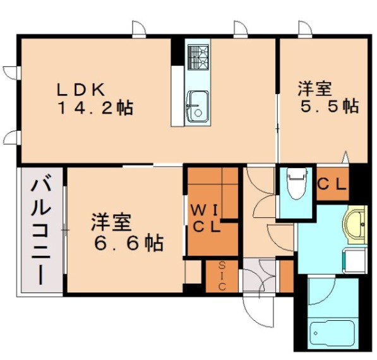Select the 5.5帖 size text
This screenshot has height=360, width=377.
(328, 106)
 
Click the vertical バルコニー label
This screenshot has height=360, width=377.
(41, 231)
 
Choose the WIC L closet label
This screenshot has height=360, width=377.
(206, 218)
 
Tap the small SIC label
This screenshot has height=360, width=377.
(221, 276)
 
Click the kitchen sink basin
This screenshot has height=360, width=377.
(197, 104)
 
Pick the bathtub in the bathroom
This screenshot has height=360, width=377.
(332, 333)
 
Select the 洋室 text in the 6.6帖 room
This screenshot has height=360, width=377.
(111, 222)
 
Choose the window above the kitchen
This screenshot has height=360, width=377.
(240, 29)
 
